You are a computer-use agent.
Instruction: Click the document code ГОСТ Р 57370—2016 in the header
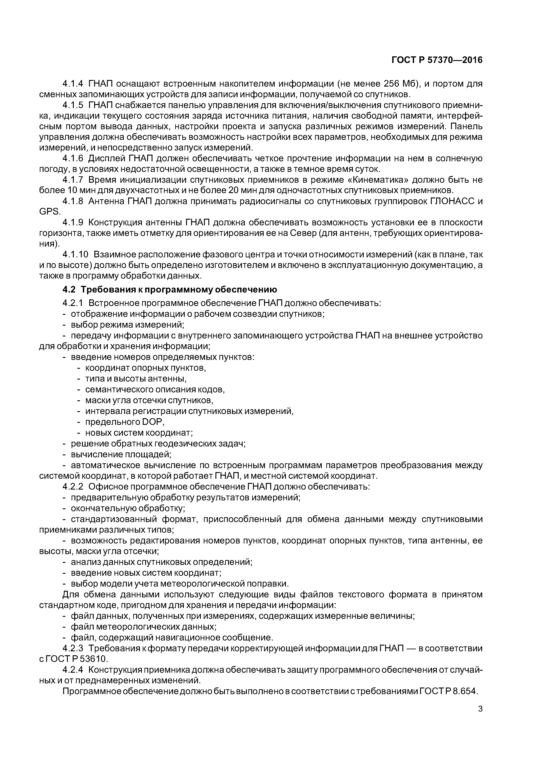point(437,60)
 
